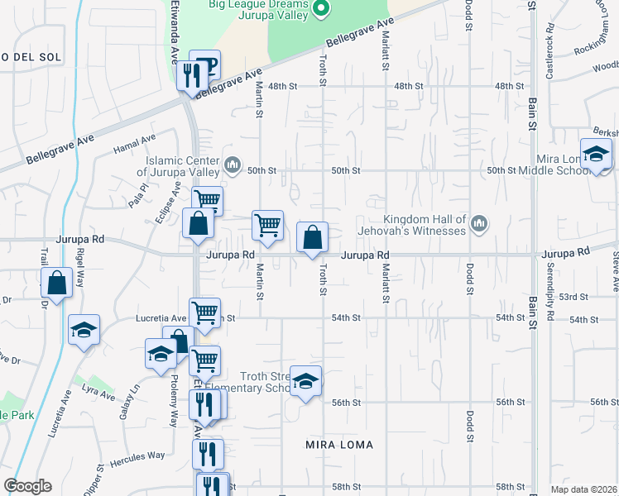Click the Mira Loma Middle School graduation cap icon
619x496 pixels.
596,154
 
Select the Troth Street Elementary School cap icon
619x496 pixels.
305,381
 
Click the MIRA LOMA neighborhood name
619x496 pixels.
339,445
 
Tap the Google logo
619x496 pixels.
27,486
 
